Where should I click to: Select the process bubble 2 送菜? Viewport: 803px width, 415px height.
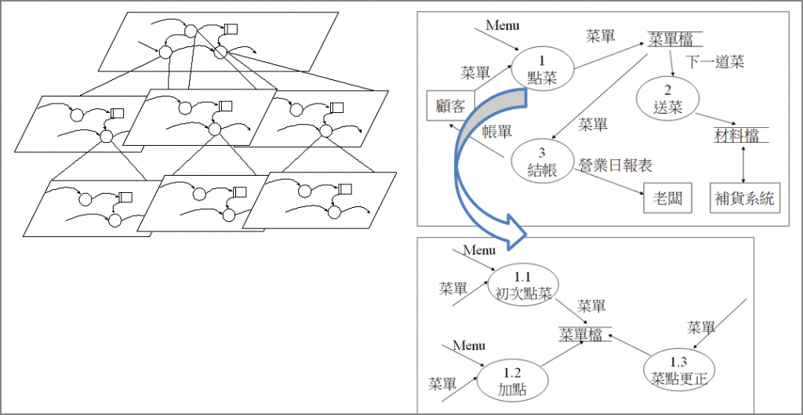click(669, 99)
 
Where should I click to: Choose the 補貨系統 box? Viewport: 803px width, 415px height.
click(744, 198)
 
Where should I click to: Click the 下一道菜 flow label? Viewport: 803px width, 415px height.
click(714, 61)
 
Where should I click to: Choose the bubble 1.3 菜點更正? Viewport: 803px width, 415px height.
click(679, 370)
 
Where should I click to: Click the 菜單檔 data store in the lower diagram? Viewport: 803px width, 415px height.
click(580, 333)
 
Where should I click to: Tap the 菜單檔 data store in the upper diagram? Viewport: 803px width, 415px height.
click(674, 40)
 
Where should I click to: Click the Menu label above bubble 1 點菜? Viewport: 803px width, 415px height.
click(503, 24)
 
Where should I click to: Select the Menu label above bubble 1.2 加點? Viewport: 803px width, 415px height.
click(468, 345)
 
